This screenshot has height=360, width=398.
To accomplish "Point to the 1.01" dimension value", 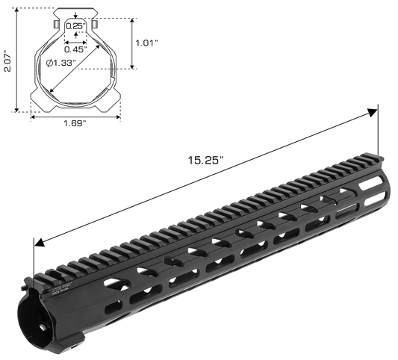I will tap(146, 43).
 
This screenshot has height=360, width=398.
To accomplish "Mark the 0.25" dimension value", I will tap(75, 26).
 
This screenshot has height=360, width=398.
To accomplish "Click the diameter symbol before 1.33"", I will tap(49, 64).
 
